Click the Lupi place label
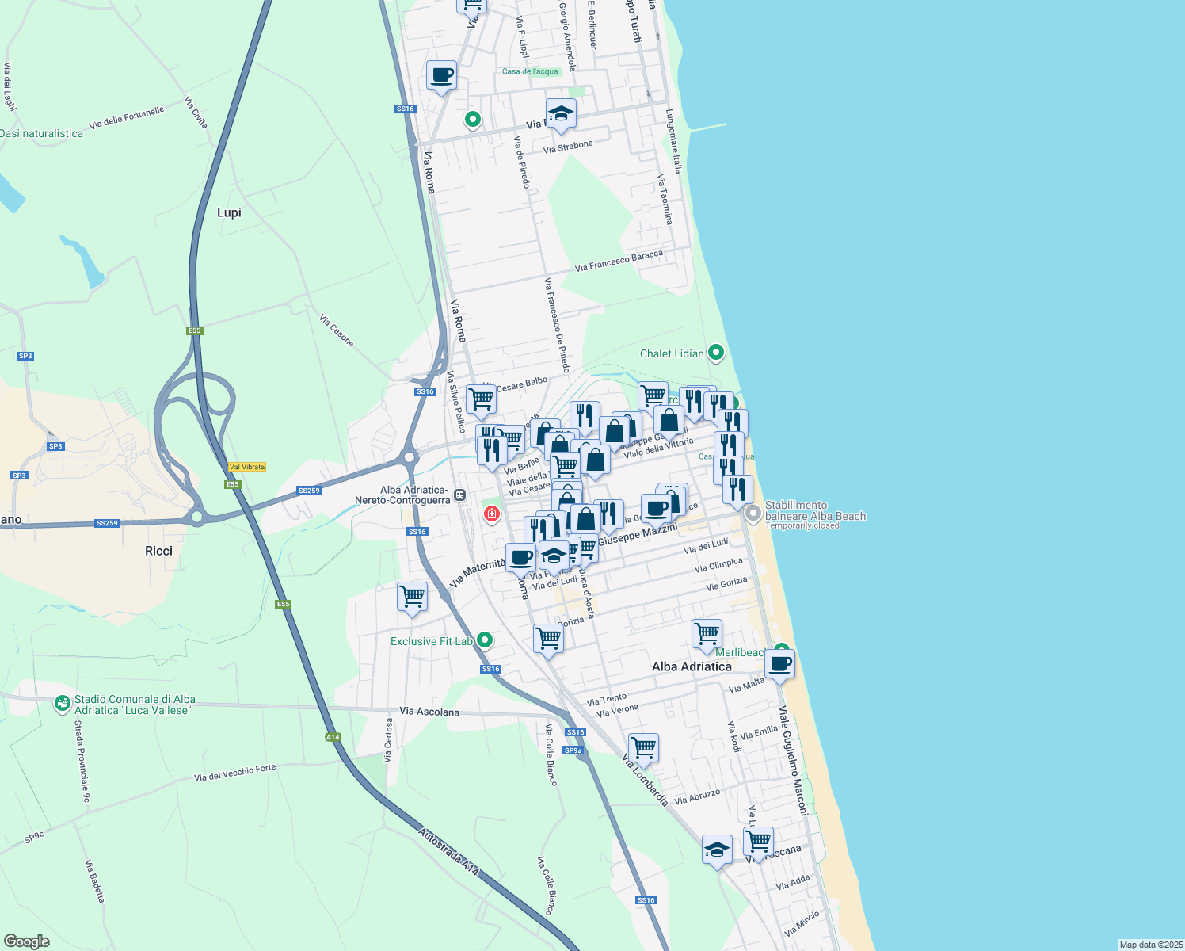point(229,212)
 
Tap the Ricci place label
point(158,551)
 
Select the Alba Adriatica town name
point(692,666)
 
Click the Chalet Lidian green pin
point(716,353)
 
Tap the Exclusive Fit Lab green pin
point(485,640)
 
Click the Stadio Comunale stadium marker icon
point(62,704)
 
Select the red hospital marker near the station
point(492,514)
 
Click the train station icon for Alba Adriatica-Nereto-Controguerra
point(460,495)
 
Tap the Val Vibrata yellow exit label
point(246,467)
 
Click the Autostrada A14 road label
point(449,852)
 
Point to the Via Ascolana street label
point(429,712)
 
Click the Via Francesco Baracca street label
point(619,261)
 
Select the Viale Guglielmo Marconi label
point(793,761)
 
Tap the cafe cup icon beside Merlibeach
point(779,663)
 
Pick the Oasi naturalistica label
point(41,133)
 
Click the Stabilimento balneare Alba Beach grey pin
point(753,514)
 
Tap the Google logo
point(26,941)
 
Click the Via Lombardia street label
point(645,781)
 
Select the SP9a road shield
point(573,750)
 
